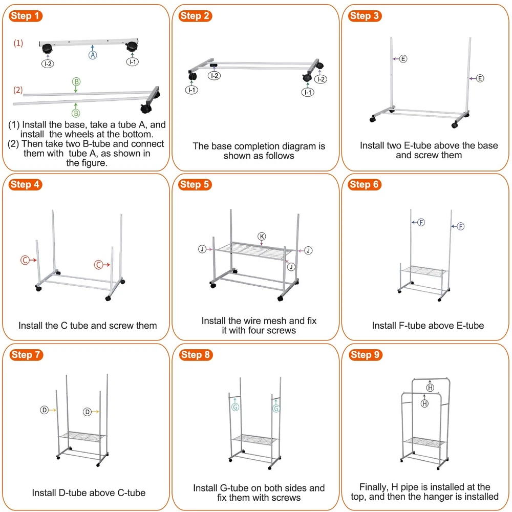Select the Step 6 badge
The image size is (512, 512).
[x=365, y=185]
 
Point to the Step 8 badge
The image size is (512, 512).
[x=195, y=355]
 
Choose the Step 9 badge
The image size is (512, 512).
[x=365, y=355]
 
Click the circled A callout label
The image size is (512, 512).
[x=93, y=54]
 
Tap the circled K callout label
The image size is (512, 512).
[x=262, y=236]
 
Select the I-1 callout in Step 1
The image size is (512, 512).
[x=133, y=62]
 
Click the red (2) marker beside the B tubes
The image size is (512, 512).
[x=18, y=90]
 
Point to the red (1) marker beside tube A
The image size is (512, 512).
[x=18, y=43]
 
